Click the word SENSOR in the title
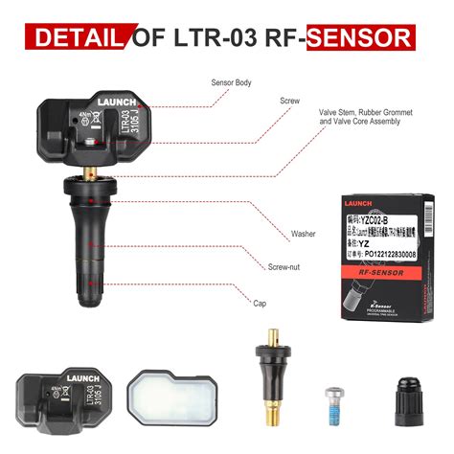click(x=360, y=38)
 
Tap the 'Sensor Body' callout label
click(x=231, y=83)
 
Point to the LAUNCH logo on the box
click(x=361, y=203)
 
